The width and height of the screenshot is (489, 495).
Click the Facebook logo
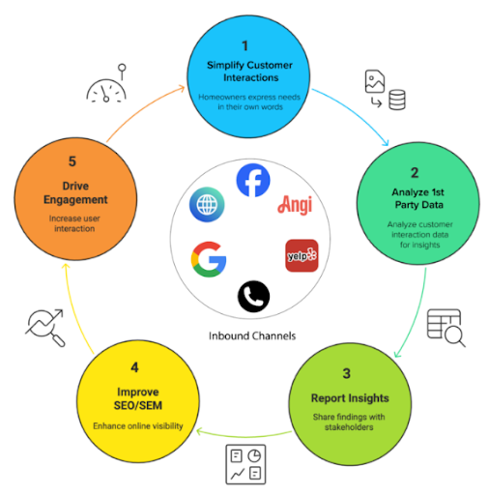(x=253, y=180)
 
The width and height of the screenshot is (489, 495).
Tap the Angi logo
(x=295, y=205)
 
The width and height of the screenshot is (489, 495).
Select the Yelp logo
(x=302, y=255)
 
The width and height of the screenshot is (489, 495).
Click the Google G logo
(x=209, y=259)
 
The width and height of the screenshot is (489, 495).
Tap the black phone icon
(x=253, y=297)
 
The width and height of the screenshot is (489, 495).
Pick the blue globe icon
(x=207, y=205)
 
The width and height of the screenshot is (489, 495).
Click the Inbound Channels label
(x=252, y=335)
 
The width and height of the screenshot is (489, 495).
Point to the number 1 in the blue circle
(x=244, y=45)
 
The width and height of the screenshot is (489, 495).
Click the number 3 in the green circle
(x=346, y=373)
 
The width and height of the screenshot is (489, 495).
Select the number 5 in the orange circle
(x=72, y=161)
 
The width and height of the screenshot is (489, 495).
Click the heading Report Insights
(x=350, y=398)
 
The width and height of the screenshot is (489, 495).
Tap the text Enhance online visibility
(x=138, y=426)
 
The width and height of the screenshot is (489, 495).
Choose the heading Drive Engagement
(x=75, y=192)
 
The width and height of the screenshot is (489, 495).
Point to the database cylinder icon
(x=397, y=100)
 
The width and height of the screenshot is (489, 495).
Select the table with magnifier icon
(x=446, y=328)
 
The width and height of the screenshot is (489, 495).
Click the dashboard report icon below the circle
(x=245, y=464)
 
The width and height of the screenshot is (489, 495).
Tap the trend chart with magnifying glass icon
(x=45, y=328)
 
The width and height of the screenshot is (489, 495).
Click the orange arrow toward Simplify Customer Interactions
(x=142, y=109)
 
